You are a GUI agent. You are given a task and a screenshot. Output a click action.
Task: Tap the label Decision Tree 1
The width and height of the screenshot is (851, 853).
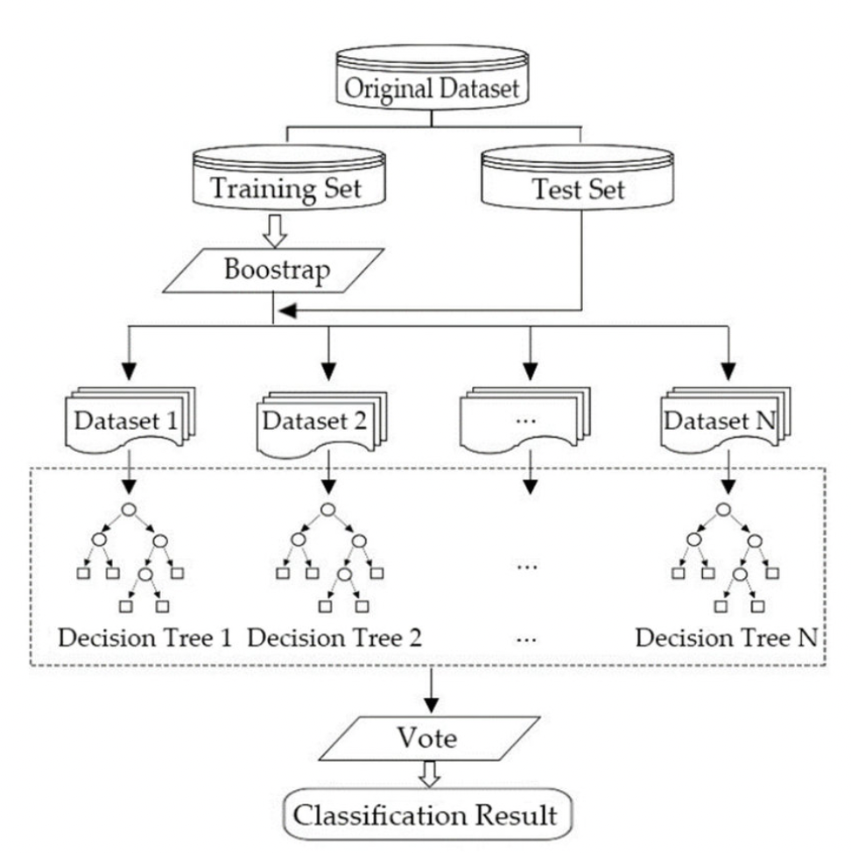144,638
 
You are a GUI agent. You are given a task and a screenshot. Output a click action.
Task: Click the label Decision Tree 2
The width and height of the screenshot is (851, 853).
334,638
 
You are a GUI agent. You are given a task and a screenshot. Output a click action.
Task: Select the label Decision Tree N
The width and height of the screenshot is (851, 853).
726,638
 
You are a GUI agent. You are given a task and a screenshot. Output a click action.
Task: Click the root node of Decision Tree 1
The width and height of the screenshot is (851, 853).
129,509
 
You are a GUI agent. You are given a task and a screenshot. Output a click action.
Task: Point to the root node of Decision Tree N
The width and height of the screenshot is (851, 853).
723,509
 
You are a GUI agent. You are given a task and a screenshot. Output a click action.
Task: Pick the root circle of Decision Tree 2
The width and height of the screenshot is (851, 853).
327,509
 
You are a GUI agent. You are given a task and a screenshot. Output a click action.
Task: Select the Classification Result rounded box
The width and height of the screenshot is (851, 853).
425,815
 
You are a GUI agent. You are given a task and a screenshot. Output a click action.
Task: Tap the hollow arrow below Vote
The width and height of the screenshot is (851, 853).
429,775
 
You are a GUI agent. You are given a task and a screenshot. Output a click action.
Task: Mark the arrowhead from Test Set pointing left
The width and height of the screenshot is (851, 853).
286,311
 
